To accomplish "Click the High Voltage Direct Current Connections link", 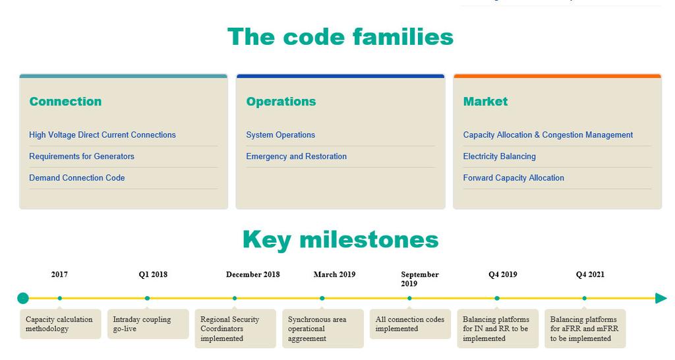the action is click(102, 135).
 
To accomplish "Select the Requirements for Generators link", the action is click(82, 156).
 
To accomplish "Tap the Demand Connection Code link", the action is click(77, 178).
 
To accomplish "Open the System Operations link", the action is click(281, 135).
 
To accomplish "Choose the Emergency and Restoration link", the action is click(296, 156).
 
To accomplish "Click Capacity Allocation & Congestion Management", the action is click(548, 135).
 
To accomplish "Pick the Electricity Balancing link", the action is click(500, 156).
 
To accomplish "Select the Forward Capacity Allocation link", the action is click(514, 178).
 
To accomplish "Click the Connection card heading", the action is click(65, 101).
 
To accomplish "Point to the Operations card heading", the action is click(281, 102).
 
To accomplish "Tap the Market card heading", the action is click(485, 101).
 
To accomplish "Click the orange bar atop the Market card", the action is click(557, 76).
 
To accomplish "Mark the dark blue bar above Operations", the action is click(341, 76).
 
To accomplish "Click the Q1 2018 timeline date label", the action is click(153, 274).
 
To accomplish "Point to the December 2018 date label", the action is click(252, 274).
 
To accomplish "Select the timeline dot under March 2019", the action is click(322, 298).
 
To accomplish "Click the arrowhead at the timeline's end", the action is click(661, 298).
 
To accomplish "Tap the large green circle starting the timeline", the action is click(23, 298).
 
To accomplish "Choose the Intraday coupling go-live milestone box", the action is click(148, 324).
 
